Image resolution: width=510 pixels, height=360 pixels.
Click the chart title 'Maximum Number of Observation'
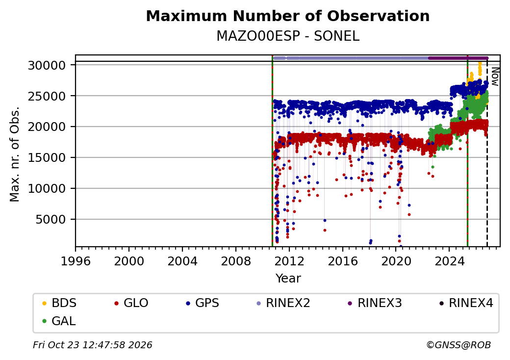(x=287, y=16)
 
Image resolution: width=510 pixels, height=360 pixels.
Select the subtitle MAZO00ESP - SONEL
(x=288, y=36)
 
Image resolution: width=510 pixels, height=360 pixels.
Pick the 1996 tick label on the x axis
(x=76, y=261)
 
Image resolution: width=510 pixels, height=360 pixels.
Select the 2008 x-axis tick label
(x=236, y=261)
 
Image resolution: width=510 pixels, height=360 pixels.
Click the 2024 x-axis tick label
(x=449, y=261)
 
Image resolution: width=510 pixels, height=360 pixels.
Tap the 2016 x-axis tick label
(x=342, y=261)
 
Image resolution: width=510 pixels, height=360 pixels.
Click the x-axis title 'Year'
(x=288, y=279)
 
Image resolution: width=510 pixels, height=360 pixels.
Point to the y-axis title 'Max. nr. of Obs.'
(x=15, y=154)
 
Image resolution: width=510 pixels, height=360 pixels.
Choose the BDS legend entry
(x=60, y=303)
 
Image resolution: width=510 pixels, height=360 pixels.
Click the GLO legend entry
(x=132, y=303)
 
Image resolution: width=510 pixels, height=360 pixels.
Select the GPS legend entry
(x=203, y=303)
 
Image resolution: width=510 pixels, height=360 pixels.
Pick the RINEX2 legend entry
(x=283, y=303)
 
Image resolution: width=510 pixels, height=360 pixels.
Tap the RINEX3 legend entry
(x=375, y=303)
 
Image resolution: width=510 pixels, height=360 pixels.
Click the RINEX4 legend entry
(x=466, y=303)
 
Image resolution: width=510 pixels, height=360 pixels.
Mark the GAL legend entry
(x=59, y=321)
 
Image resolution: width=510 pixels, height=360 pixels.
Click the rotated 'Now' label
(x=495, y=77)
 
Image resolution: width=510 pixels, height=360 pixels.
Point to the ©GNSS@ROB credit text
(x=459, y=345)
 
